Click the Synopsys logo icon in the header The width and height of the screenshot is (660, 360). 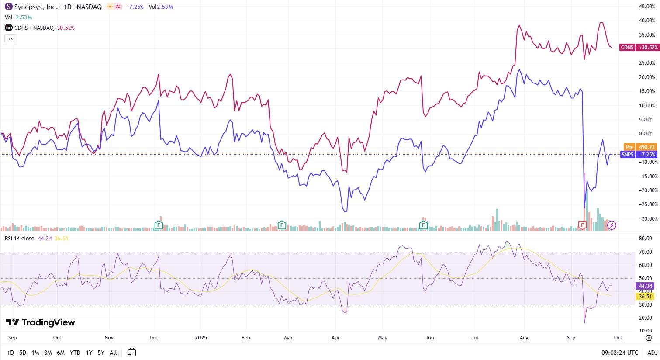8,7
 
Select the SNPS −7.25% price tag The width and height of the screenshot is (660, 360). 638,155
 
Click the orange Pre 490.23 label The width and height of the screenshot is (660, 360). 639,147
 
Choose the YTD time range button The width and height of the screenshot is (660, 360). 75,353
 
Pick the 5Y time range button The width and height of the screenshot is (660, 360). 101,353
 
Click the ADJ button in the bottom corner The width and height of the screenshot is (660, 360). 652,353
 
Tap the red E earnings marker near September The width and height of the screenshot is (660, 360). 582,225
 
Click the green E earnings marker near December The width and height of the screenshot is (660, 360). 159,225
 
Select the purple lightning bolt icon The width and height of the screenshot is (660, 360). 612,225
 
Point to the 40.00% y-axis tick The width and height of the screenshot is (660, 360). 647,21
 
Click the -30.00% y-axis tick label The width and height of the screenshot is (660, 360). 646,218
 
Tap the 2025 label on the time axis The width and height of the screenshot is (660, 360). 200,338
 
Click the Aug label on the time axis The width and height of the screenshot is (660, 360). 524,338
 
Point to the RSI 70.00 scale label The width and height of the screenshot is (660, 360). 645,252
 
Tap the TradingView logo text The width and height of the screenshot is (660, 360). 41,322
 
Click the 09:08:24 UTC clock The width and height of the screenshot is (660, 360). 619,353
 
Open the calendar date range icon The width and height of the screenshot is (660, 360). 132,353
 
